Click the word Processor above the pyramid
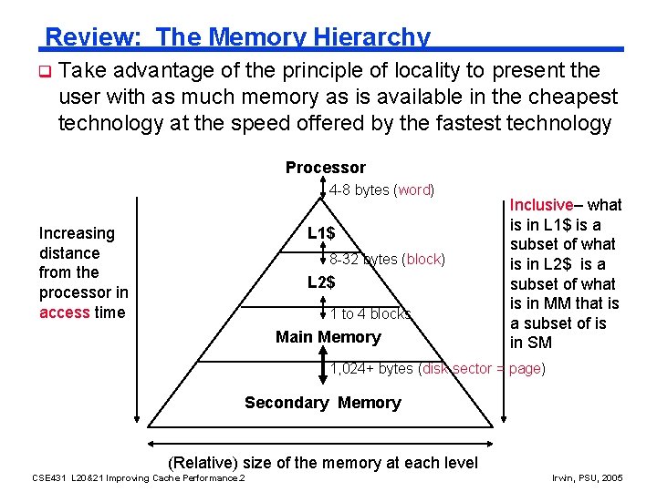click(x=325, y=168)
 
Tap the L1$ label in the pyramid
click(x=320, y=234)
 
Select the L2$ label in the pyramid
click(x=320, y=282)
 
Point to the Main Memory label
click(x=328, y=337)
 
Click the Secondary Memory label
click(x=322, y=403)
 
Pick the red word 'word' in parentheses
click(x=414, y=190)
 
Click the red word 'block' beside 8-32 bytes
click(x=423, y=260)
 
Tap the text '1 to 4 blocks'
click(x=370, y=314)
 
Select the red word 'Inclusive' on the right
click(x=541, y=205)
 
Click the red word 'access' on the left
click(x=65, y=313)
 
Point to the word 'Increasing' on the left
click(x=77, y=234)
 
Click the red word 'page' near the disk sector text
click(x=525, y=369)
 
